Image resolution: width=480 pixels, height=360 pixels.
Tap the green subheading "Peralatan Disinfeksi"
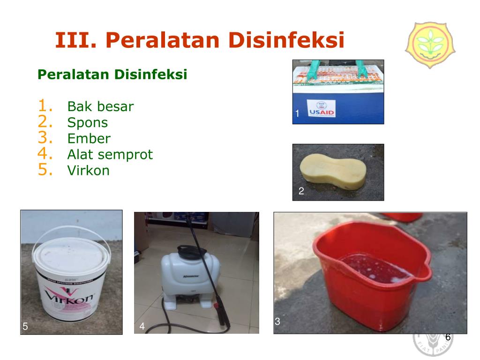(x=112, y=74)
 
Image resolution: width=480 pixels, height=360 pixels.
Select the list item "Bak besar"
(x=100, y=106)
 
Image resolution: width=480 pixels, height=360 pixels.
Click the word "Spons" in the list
(x=87, y=123)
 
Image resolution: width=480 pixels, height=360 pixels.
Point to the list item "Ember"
(x=89, y=139)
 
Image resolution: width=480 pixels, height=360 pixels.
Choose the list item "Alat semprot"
(x=110, y=154)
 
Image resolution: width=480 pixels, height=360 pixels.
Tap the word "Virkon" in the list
(x=88, y=170)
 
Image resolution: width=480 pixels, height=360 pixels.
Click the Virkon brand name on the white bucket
(x=70, y=296)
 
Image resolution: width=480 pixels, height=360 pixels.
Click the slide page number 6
(x=448, y=337)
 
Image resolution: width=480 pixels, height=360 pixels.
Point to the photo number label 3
(x=277, y=322)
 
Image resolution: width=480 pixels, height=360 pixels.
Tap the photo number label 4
(x=142, y=326)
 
